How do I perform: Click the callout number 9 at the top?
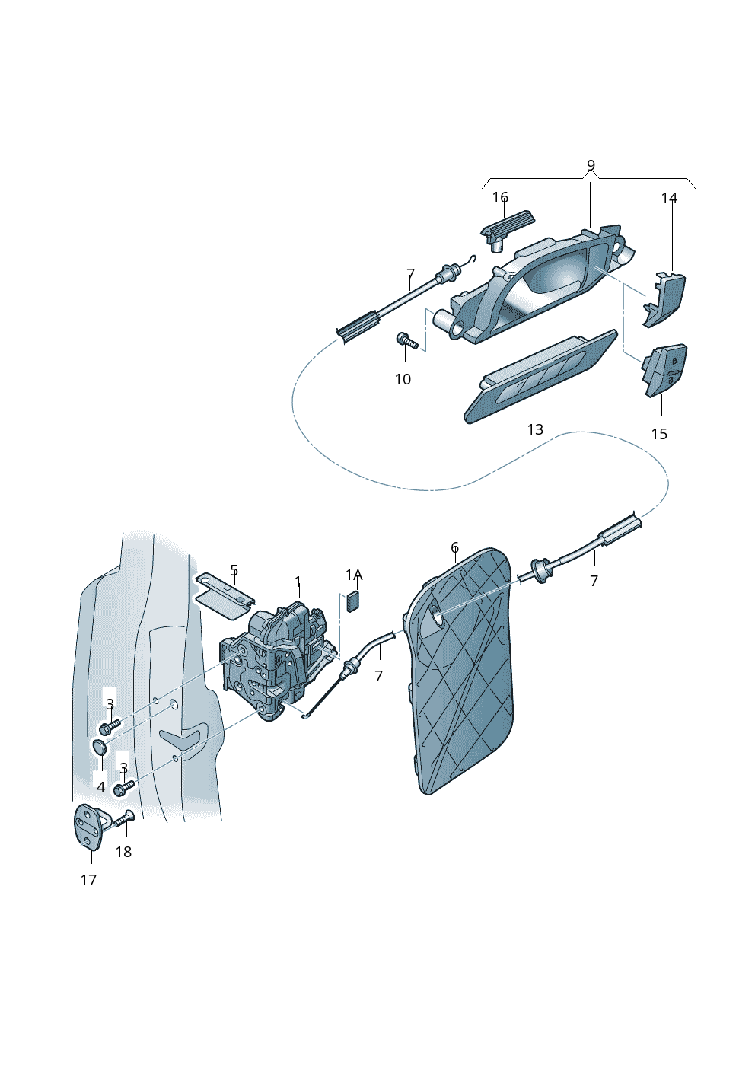(591, 165)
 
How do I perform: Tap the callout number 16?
(500, 198)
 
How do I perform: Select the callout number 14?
(669, 199)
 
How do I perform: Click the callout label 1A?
(354, 575)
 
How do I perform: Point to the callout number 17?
(88, 880)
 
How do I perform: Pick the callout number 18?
(123, 852)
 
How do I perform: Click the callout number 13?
(535, 429)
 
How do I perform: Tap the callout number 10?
(403, 379)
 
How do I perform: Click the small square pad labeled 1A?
(353, 601)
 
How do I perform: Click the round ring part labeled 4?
(100, 747)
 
